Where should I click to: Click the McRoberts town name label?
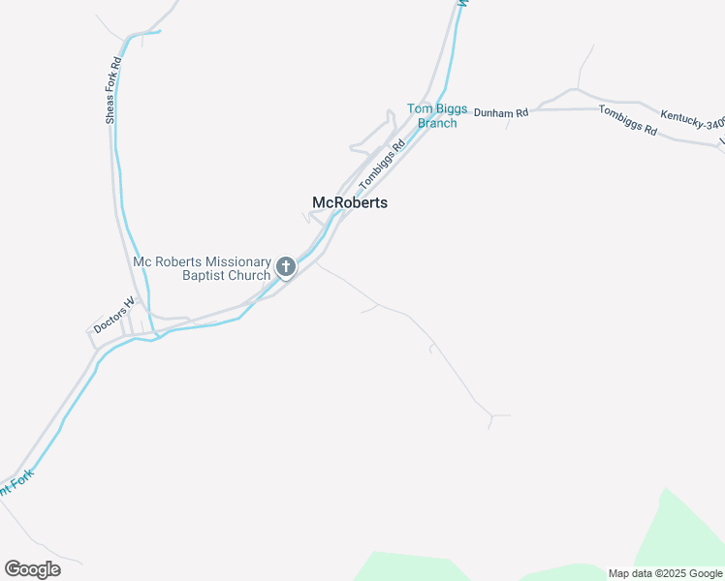point(350,202)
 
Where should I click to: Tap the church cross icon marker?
point(286,266)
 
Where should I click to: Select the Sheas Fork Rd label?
point(112,90)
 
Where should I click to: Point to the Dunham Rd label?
point(501,113)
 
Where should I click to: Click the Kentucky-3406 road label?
point(692,121)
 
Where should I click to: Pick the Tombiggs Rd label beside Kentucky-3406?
point(628,122)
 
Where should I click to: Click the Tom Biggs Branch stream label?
point(437,116)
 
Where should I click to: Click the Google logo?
point(32,568)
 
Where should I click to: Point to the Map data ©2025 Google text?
point(665,573)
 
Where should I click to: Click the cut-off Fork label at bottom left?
point(18,480)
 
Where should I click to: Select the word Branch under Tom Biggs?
point(437,123)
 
